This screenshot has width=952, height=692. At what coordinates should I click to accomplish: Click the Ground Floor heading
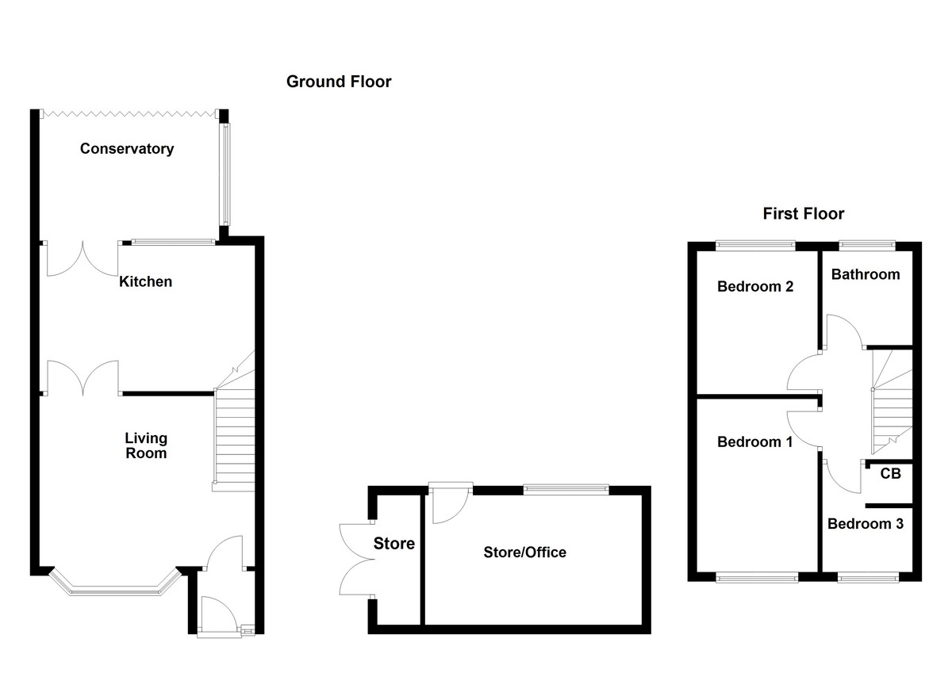(x=339, y=82)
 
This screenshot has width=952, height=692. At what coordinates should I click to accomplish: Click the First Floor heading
(x=803, y=213)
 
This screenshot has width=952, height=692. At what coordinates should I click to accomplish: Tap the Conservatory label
(x=127, y=149)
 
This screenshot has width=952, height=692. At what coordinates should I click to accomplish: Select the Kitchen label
(x=145, y=281)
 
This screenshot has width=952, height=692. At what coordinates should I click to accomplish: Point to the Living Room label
(x=145, y=445)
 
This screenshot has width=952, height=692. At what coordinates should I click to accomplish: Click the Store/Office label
(x=524, y=552)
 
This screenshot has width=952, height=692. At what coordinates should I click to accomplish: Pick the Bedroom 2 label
(x=754, y=287)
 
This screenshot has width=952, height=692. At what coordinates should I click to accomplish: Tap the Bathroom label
(x=866, y=274)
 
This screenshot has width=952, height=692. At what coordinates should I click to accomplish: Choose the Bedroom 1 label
(x=754, y=442)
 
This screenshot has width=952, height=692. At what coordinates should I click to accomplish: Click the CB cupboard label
(x=890, y=474)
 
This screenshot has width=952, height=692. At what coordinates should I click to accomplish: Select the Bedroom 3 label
(x=865, y=524)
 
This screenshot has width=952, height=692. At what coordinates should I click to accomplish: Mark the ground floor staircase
(x=234, y=440)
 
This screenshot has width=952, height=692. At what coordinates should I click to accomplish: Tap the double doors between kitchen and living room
(x=83, y=377)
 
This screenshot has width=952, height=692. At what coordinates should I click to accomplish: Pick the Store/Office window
(x=566, y=491)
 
